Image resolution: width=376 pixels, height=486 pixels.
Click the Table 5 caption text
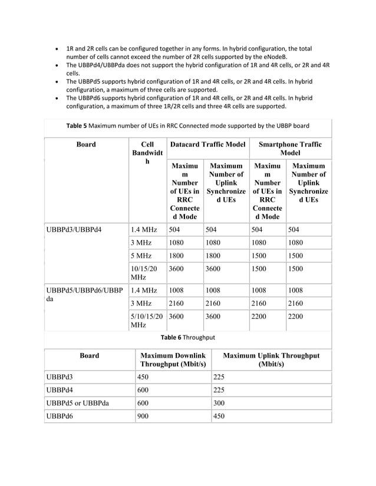[x=187, y=125]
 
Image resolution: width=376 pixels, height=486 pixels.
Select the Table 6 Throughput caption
[x=187, y=337]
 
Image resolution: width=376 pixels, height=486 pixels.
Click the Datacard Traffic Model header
[x=207, y=144]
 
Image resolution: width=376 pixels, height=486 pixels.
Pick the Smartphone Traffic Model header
[x=290, y=148]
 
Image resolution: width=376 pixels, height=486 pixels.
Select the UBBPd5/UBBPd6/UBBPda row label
[x=84, y=295]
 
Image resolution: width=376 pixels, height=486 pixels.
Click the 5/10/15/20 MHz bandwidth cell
[x=146, y=320]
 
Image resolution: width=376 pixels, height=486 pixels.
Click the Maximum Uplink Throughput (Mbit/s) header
[x=271, y=360]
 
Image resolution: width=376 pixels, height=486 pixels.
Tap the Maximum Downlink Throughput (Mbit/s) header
[x=172, y=360]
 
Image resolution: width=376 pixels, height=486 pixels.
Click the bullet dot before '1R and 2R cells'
[x=56, y=48]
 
